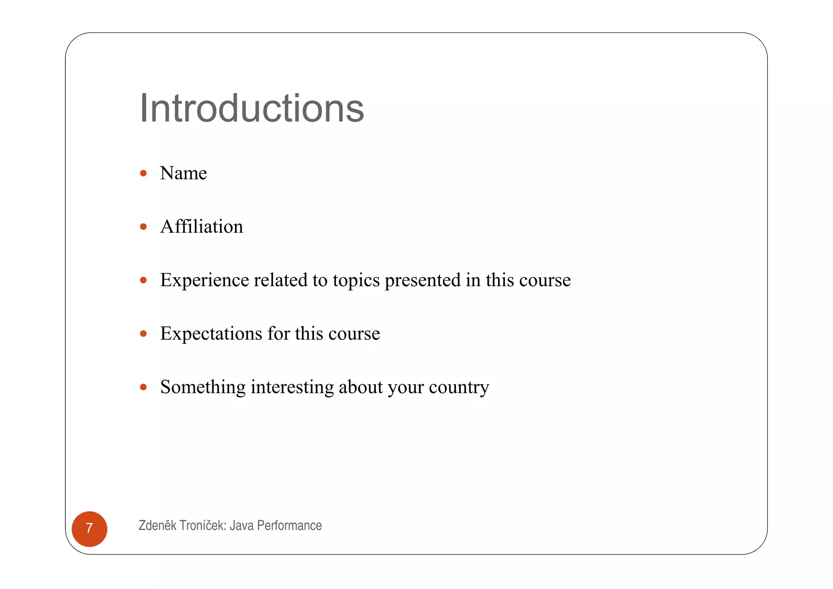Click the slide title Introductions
pyautogui.click(x=251, y=108)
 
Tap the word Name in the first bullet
pyautogui.click(x=183, y=173)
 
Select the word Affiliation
pyautogui.click(x=202, y=227)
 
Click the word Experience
pyautogui.click(x=204, y=280)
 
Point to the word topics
pyautogui.click(x=356, y=280)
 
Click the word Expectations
pyautogui.click(x=211, y=334)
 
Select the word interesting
pyautogui.click(x=292, y=387)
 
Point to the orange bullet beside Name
pyautogui.click(x=143, y=173)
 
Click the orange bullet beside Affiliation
pyautogui.click(x=143, y=227)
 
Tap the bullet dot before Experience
pyautogui.click(x=143, y=280)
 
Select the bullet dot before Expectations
pyautogui.click(x=143, y=334)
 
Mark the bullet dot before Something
pyautogui.click(x=143, y=387)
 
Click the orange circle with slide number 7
pyautogui.click(x=89, y=529)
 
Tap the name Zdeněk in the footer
pyautogui.click(x=157, y=526)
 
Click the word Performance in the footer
pyautogui.click(x=289, y=526)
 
